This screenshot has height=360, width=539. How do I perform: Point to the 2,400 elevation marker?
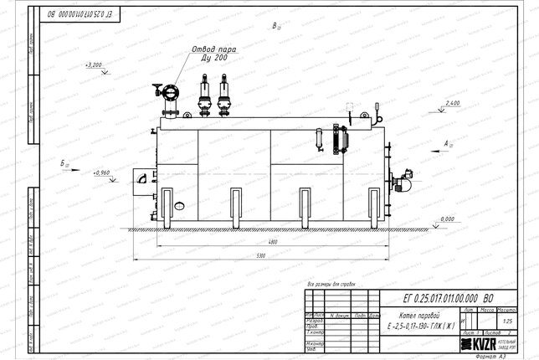[x=452, y=102]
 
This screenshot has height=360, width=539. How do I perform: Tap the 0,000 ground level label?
[x=447, y=219]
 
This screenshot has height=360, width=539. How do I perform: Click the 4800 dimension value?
[x=272, y=242]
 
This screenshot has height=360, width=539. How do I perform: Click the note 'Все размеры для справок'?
[x=332, y=284]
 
